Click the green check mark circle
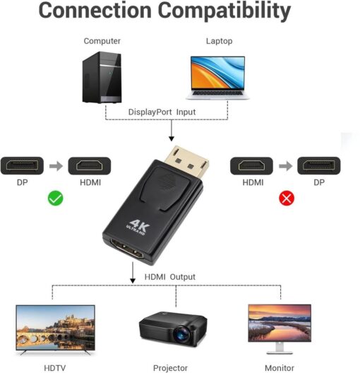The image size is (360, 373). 55,198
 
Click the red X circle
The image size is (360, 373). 287,198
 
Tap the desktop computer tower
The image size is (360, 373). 102,77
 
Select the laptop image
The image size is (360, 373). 217,78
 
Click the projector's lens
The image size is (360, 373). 182,335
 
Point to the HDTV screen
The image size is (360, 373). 55,327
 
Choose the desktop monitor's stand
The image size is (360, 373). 280,348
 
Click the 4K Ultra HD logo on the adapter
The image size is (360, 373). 138,227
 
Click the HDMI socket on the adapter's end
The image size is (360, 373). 127,249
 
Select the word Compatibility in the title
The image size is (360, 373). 224,11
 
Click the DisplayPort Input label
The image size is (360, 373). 162,112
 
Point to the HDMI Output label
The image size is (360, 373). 170,277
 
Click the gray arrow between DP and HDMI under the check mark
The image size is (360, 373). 56,166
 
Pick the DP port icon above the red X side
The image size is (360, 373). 318,165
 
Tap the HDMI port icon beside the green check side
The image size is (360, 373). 90,166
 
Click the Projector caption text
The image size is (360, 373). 170,368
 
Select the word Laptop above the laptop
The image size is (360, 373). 219,41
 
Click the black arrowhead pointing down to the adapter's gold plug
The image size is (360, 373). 172,138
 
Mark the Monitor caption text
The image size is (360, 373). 280,368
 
